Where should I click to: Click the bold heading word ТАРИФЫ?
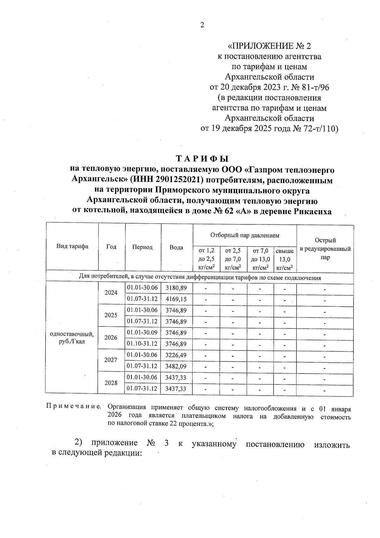[x=202, y=159]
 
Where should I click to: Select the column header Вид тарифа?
[x=72, y=247]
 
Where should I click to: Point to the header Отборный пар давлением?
[x=245, y=235]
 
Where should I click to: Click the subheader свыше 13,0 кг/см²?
[x=285, y=259]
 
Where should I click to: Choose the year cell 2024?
[x=111, y=293]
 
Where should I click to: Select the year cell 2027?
[x=111, y=360]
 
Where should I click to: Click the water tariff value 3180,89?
[x=176, y=288]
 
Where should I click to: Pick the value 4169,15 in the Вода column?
[x=176, y=299]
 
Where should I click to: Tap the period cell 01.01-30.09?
[x=142, y=333]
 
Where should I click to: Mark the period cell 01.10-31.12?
[x=142, y=344]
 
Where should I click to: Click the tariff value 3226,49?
[x=176, y=355]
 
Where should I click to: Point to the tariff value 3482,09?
[x=176, y=366]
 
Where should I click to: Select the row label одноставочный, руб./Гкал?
[x=72, y=338]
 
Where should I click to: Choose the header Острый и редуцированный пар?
[x=325, y=249]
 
